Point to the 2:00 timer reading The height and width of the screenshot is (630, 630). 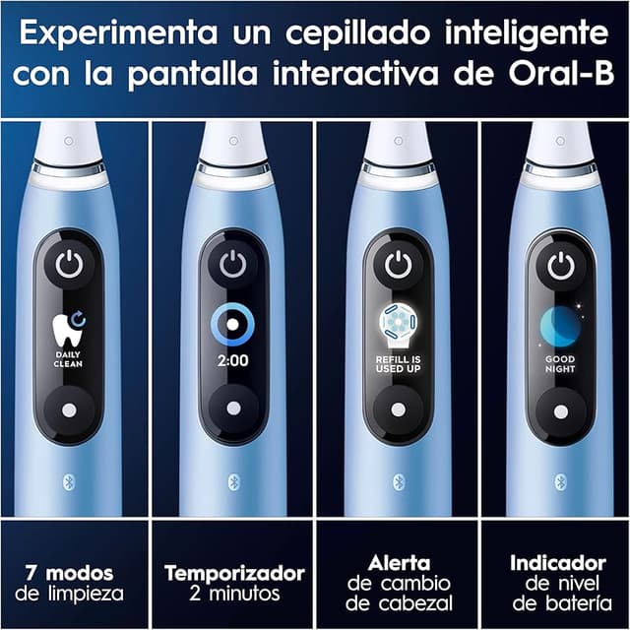click(232, 360)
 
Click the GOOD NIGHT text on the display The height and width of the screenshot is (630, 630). click(561, 364)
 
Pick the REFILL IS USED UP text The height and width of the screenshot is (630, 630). click(398, 364)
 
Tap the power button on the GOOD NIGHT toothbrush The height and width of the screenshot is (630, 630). click(561, 264)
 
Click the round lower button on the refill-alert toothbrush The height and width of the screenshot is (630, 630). click(398, 409)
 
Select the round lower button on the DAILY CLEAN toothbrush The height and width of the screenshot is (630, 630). click(67, 409)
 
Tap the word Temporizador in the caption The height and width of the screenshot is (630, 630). click(234, 573)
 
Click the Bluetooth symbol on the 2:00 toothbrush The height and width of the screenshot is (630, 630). click(233, 480)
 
